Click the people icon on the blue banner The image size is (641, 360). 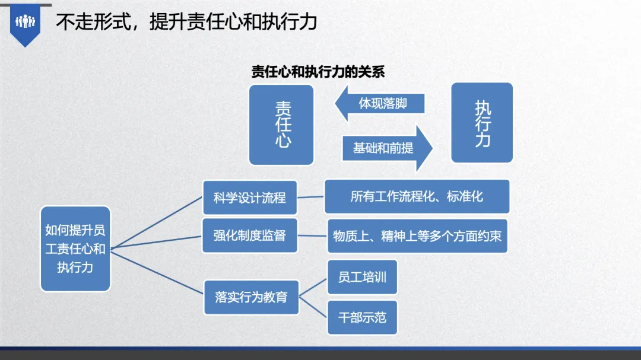pyautogui.click(x=25, y=21)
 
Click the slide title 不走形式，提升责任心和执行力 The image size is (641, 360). pyautogui.click(x=186, y=22)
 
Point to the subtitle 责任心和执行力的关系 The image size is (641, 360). pyautogui.click(x=318, y=72)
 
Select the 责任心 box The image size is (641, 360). pyautogui.click(x=281, y=125)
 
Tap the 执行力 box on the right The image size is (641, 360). pyautogui.click(x=482, y=123)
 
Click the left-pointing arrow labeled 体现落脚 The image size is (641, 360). pyautogui.click(x=379, y=103)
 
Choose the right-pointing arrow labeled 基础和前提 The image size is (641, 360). pyautogui.click(x=388, y=148)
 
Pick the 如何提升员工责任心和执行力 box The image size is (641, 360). pyautogui.click(x=75, y=249)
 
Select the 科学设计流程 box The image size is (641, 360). pyautogui.click(x=250, y=197)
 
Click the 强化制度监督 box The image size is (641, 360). pyautogui.click(x=250, y=235)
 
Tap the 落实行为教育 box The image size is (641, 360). pyautogui.click(x=252, y=297)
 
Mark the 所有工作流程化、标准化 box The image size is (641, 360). pyautogui.click(x=417, y=196)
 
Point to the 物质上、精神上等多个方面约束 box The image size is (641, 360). pyautogui.click(x=417, y=236)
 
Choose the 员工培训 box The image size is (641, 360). pyautogui.click(x=362, y=277)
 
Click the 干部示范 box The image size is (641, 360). pyautogui.click(x=362, y=317)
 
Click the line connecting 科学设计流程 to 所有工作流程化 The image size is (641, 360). pyautogui.click(x=310, y=197)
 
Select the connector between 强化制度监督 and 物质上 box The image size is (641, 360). pyautogui.click(x=312, y=236)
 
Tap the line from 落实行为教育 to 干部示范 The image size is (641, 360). pyautogui.click(x=313, y=307)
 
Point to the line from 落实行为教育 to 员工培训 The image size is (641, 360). pyautogui.click(x=313, y=288)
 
